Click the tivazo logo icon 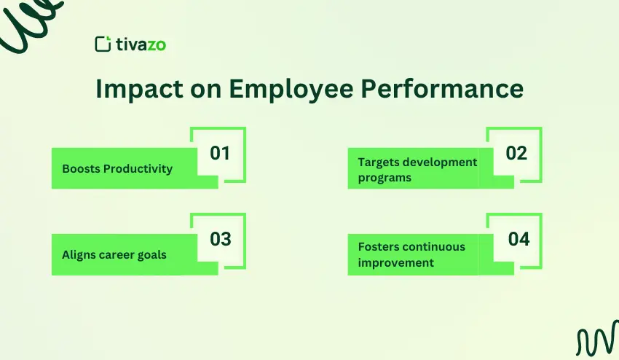tap(103, 44)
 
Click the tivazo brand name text tap(141, 44)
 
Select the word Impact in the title tap(133, 89)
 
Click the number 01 tap(219, 154)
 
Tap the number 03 tap(220, 239)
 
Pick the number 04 tap(519, 239)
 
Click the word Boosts tap(81, 169)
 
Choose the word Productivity tap(138, 169)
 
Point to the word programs tap(385, 177)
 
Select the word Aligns tap(79, 255)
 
